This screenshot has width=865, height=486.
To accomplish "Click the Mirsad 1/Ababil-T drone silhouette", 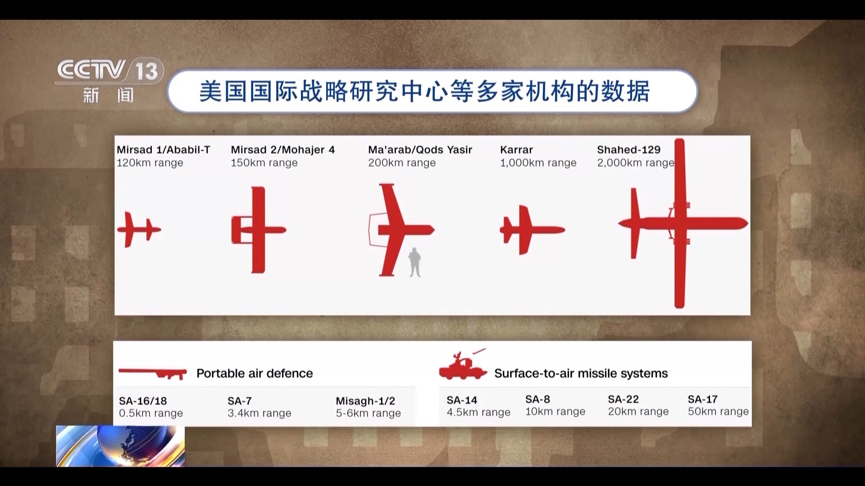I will click(137, 229).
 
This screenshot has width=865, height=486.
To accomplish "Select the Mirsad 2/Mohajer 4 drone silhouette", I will click(258, 229).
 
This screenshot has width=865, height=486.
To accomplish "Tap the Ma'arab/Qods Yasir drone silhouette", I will click(396, 230).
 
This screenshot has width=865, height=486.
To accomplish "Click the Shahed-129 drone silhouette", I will click(679, 223).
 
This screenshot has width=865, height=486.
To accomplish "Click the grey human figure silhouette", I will click(414, 262).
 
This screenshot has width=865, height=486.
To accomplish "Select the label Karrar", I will click(516, 150).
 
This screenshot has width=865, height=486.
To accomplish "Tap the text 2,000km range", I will click(635, 163).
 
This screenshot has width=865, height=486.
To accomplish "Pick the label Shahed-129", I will click(628, 150).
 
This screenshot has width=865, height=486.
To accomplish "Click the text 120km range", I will click(150, 163).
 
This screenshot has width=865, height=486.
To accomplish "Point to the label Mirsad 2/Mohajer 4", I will click(282, 150).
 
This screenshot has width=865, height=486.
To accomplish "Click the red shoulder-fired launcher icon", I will click(153, 373).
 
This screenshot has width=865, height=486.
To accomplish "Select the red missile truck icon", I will click(463, 366).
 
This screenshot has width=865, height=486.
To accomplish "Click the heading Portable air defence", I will click(255, 373).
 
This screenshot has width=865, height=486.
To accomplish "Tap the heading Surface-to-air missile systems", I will click(581, 373).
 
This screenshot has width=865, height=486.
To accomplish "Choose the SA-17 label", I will click(702, 399).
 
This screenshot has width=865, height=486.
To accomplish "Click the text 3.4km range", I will click(259, 413).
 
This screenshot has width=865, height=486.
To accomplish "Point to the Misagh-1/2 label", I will click(365, 401).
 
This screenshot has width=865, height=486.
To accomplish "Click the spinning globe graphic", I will click(120, 445).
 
